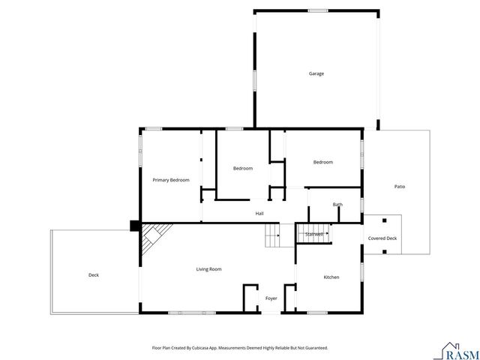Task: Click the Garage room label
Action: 316,73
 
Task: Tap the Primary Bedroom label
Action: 171,180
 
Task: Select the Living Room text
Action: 208,269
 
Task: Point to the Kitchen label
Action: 331,277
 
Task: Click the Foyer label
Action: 271,298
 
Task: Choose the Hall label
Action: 259,214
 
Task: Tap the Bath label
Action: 337,205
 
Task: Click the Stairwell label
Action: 314,234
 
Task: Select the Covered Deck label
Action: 382,238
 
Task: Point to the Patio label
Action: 400,186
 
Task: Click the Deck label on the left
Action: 94,275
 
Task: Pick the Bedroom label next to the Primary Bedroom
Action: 242,169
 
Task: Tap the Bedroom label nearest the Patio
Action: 322,162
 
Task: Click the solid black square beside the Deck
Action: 135,225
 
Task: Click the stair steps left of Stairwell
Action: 272,238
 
